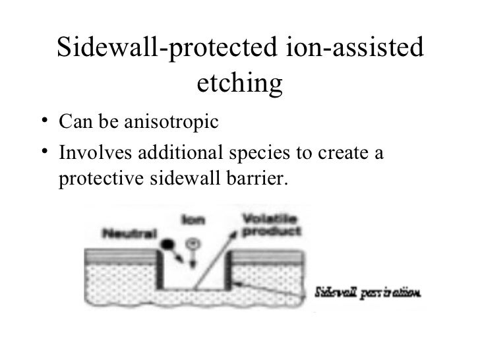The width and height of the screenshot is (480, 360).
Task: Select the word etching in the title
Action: point(239,84)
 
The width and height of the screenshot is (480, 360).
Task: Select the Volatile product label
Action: point(271,226)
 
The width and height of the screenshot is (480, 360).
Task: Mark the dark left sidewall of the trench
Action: point(158,270)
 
